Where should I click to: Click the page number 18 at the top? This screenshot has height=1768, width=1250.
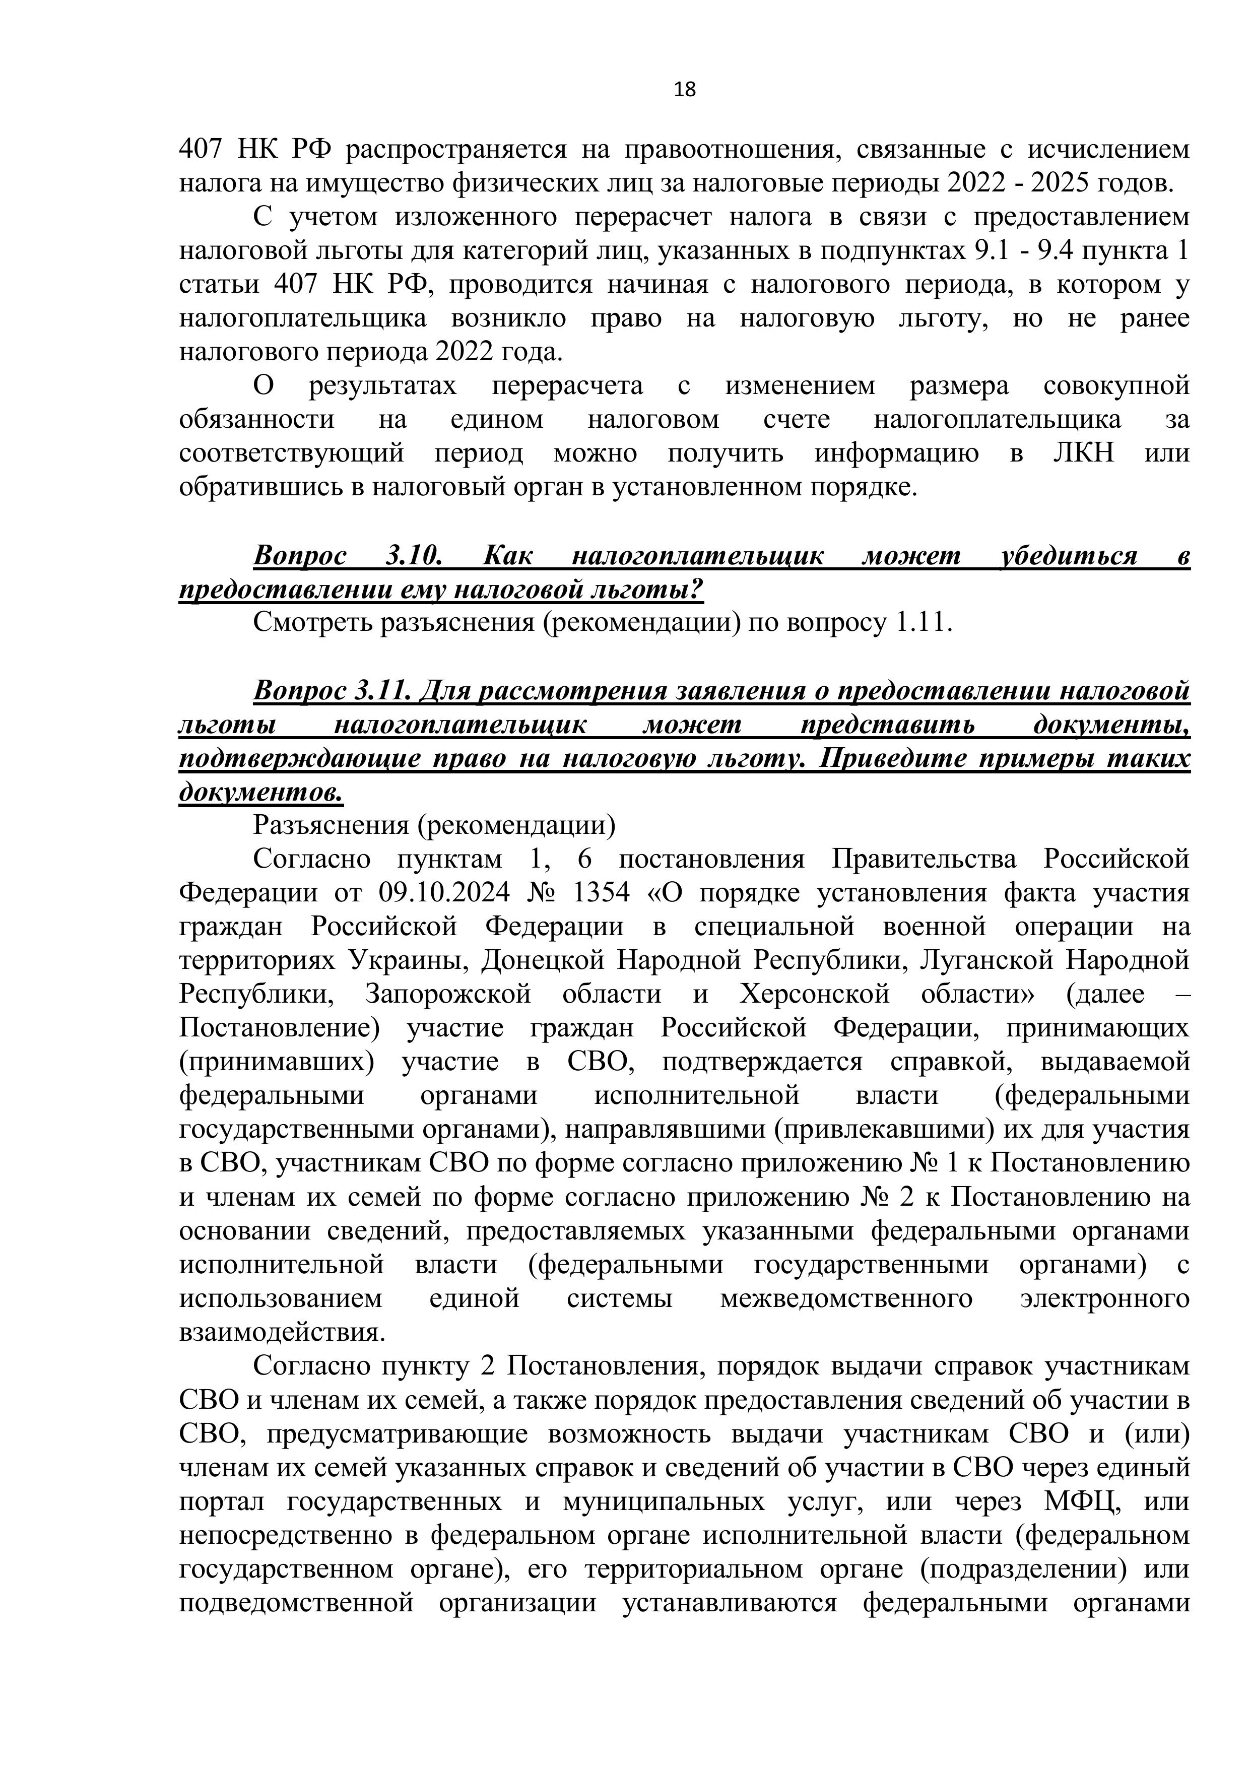[684, 90]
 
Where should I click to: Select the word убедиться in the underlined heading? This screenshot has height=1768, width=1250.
[1067, 556]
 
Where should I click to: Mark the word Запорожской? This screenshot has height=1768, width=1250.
[448, 994]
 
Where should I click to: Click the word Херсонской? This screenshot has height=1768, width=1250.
[815, 994]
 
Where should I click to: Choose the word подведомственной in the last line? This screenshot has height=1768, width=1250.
[297, 1602]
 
